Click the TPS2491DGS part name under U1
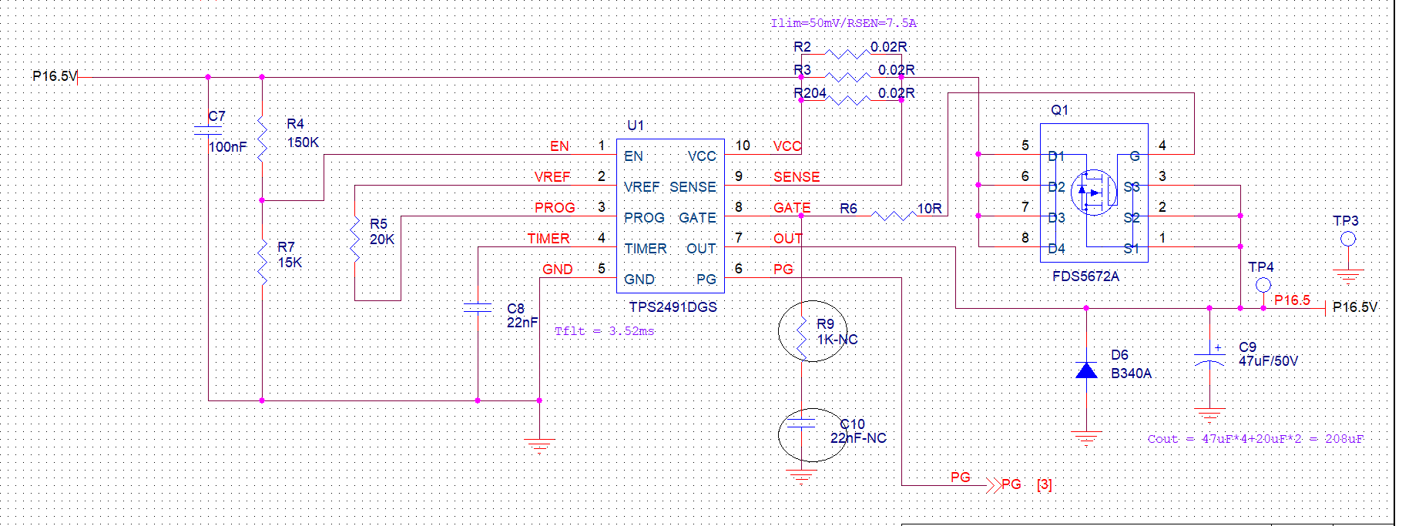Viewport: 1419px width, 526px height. (673, 307)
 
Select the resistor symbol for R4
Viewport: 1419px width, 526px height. (262, 139)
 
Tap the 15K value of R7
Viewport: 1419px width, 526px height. (290, 263)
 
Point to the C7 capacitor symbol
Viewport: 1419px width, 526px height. (208, 131)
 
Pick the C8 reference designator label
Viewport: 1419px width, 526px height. (515, 308)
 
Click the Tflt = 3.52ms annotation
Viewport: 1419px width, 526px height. (604, 331)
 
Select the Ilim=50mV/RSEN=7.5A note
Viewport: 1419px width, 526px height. (844, 23)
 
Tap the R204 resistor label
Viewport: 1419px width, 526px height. (810, 93)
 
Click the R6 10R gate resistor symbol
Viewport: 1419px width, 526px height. (894, 216)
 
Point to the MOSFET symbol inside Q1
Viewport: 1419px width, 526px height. (1094, 193)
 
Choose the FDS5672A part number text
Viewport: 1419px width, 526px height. (1085, 276)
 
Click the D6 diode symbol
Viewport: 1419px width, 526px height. (1086, 371)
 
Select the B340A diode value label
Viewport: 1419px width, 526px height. (1131, 374)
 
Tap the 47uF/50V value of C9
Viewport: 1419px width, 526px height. (1268, 360)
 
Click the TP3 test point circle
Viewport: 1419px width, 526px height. (1348, 239)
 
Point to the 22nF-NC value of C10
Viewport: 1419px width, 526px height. (858, 438)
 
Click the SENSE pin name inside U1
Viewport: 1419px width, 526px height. (693, 187)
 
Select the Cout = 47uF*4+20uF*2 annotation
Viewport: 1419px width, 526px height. (1255, 439)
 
